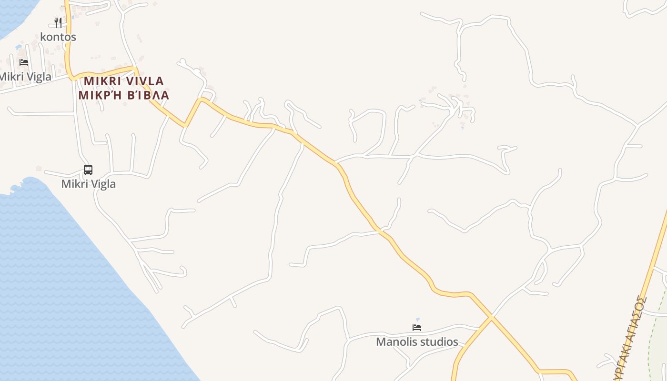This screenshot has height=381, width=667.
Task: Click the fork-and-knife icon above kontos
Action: pyautogui.click(x=58, y=22)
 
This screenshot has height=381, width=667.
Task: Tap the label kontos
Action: pyautogui.click(x=58, y=37)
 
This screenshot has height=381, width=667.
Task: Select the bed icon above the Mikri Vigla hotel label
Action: pyautogui.click(x=23, y=62)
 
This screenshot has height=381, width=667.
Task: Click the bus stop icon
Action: pyautogui.click(x=88, y=170)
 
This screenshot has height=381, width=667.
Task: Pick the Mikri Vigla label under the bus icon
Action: pyautogui.click(x=88, y=184)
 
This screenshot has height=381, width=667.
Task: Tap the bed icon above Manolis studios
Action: pyautogui.click(x=417, y=328)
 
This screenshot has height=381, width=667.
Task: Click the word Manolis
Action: pyautogui.click(x=396, y=342)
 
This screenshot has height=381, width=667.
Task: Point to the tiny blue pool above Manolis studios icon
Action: pyautogui.click(x=418, y=320)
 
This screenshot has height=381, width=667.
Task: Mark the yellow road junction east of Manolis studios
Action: pyautogui.click(x=491, y=316)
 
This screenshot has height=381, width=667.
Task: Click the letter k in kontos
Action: pyautogui.click(x=43, y=37)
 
